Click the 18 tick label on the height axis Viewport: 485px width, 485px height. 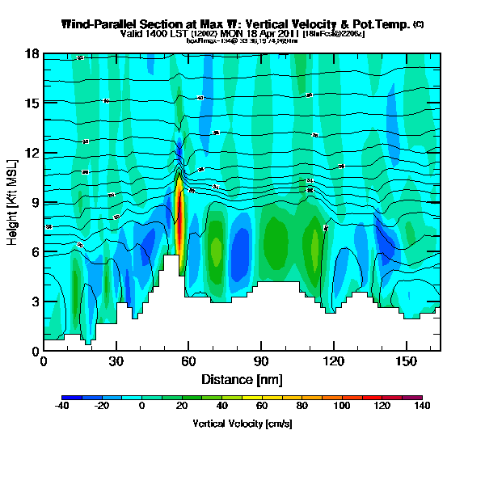click(x=32, y=53)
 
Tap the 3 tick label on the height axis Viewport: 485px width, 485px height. click(x=35, y=302)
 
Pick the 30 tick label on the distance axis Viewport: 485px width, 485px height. click(x=116, y=361)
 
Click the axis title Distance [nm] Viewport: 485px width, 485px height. click(x=242, y=379)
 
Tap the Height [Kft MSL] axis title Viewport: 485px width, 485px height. click(x=14, y=202)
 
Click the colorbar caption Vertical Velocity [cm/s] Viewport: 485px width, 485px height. click(x=242, y=423)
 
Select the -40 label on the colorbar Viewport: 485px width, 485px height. click(x=61, y=407)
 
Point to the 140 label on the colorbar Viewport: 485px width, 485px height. click(x=422, y=407)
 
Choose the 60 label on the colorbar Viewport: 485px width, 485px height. click(x=262, y=407)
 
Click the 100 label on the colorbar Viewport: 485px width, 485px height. click(x=342, y=407)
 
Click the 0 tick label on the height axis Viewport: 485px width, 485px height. click(x=35, y=351)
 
